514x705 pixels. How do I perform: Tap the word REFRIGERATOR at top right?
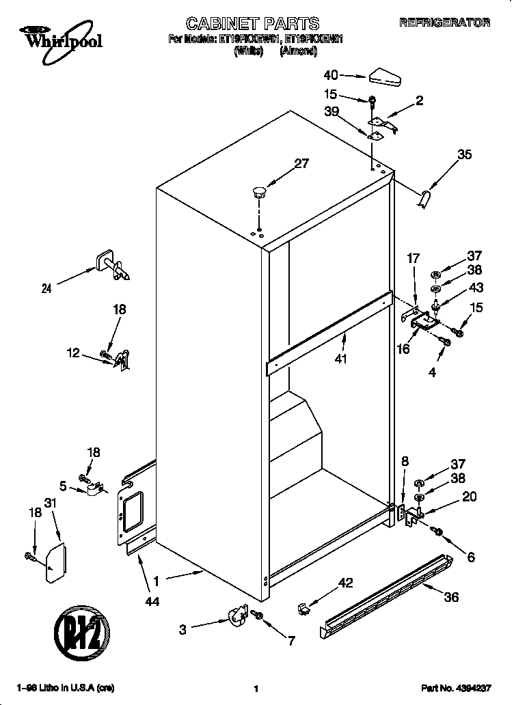[x=444, y=23]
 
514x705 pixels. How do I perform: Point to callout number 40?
[x=331, y=75]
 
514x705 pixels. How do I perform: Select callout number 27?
[x=301, y=163]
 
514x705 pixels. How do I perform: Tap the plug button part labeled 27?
[x=258, y=191]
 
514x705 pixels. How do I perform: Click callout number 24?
[x=46, y=288]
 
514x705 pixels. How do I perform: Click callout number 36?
[x=450, y=596]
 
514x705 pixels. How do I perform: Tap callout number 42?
[x=347, y=582]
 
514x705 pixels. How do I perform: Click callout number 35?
[x=464, y=154]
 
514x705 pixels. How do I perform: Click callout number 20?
[x=470, y=497]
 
